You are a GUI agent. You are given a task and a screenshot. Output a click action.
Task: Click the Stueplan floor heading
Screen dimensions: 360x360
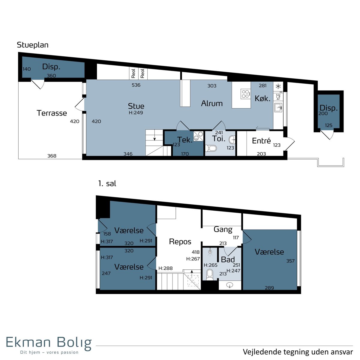(x=33, y=45)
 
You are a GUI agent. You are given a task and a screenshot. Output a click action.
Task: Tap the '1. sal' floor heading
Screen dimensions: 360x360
(x=107, y=184)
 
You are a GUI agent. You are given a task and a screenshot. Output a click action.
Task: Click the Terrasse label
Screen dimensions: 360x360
(x=52, y=113)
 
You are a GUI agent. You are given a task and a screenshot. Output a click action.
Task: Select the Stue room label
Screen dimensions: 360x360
(x=136, y=106)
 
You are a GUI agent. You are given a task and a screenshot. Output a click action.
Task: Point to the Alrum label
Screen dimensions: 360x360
(x=212, y=103)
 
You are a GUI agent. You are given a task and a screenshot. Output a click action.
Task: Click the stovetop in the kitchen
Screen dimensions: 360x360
(x=245, y=94)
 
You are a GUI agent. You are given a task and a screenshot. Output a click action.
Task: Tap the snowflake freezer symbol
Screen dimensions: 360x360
(x=278, y=86)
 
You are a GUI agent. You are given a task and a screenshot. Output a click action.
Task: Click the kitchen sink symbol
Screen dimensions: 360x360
(x=278, y=108)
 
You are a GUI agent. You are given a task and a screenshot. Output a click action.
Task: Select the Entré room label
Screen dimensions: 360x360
(x=261, y=141)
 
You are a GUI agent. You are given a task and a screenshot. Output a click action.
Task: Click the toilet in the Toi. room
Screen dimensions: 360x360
(x=211, y=148)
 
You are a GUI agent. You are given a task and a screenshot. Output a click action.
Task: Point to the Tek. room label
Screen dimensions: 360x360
(x=185, y=140)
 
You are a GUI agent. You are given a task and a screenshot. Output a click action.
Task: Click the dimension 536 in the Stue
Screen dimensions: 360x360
(x=136, y=85)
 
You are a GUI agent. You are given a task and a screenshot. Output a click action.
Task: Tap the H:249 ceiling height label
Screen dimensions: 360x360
(x=136, y=113)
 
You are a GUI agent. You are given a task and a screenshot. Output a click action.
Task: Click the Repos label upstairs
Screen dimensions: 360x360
(x=180, y=242)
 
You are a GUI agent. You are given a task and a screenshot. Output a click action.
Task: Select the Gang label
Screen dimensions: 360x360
(x=223, y=229)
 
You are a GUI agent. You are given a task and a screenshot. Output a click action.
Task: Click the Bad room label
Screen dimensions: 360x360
(x=228, y=259)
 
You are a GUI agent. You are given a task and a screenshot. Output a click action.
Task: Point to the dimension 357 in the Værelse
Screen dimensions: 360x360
(x=290, y=261)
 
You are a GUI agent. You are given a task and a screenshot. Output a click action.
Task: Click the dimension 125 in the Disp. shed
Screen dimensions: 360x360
(x=328, y=125)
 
